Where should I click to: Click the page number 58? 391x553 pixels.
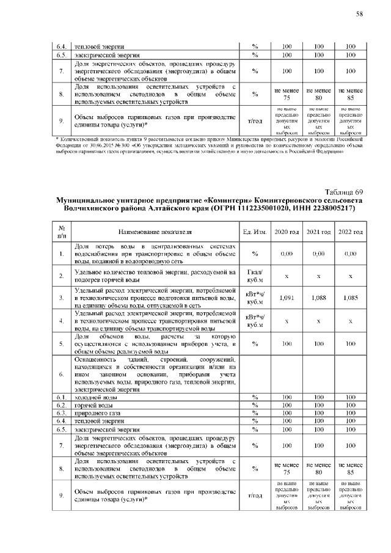pyautogui.click(x=360, y=14)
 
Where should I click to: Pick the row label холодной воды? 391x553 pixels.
pyautogui.click(x=93, y=397)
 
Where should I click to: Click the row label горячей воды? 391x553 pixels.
pyautogui.click(x=93, y=405)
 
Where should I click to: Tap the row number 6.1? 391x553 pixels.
pyautogui.click(x=61, y=397)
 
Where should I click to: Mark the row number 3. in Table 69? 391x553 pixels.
pyautogui.click(x=61, y=298)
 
